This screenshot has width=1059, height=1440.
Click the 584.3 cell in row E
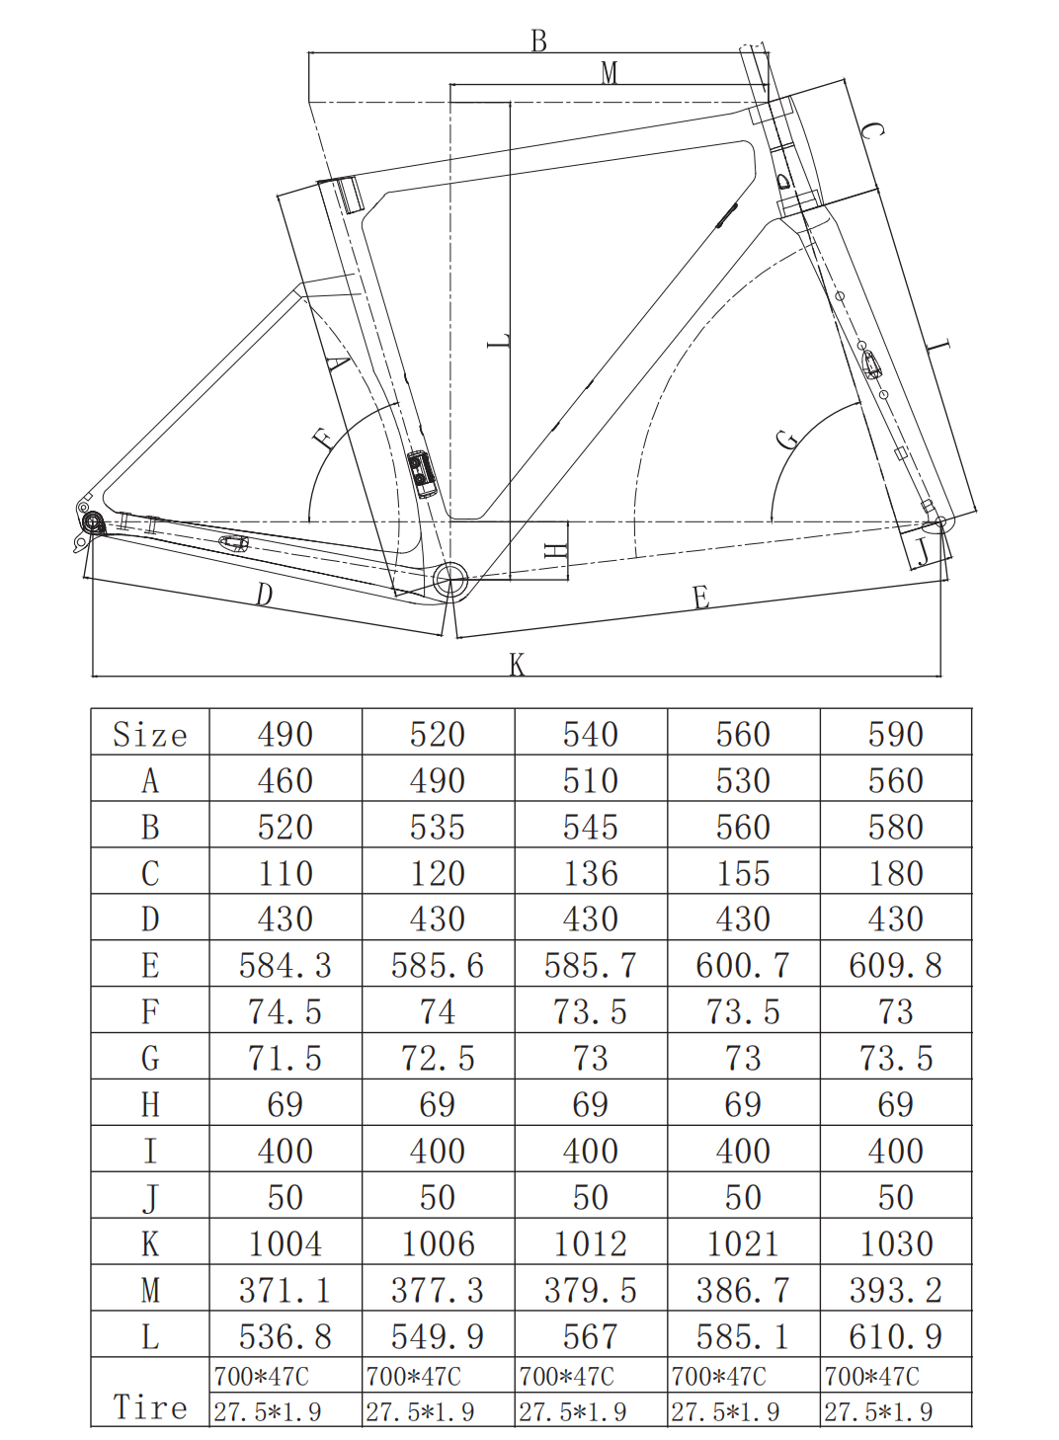(x=285, y=965)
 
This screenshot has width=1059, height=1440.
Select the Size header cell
(x=149, y=734)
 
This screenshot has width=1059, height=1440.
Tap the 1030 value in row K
(x=895, y=1243)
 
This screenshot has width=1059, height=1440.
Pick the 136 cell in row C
(x=590, y=873)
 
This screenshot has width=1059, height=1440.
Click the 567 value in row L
(x=590, y=1336)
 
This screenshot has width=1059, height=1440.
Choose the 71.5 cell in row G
(x=285, y=1058)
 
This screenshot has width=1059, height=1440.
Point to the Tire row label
(x=149, y=1405)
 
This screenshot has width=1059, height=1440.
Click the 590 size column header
(x=895, y=734)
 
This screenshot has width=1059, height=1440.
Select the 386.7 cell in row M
(x=742, y=1290)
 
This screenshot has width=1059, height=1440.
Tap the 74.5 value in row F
(x=285, y=1011)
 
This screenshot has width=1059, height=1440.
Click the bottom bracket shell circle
(x=449, y=579)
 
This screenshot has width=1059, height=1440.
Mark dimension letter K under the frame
(x=517, y=665)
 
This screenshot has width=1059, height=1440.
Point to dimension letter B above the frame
(x=538, y=40)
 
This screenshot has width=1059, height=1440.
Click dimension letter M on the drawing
(x=609, y=72)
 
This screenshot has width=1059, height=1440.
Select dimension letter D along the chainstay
(x=264, y=595)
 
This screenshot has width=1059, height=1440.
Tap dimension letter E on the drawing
(x=700, y=598)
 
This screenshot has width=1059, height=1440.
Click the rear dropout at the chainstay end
(x=93, y=521)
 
